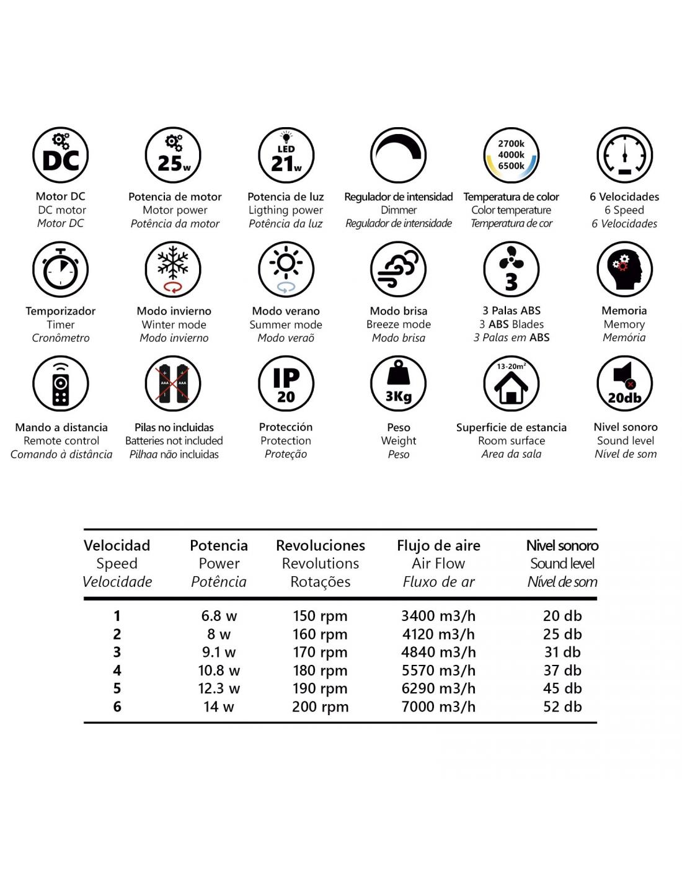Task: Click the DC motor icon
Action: tap(60, 156)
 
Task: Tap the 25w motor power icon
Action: tap(174, 156)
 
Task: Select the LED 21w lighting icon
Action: tap(286, 156)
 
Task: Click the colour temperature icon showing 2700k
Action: tap(511, 156)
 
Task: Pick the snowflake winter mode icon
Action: tap(174, 270)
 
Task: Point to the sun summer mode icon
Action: tap(286, 270)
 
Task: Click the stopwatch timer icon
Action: tap(60, 270)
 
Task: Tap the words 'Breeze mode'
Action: tap(399, 324)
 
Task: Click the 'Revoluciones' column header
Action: tap(321, 546)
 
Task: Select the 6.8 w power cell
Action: tap(219, 616)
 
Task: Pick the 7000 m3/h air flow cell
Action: tap(438, 706)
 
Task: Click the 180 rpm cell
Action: tap(320, 670)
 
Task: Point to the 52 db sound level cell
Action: tap(562, 706)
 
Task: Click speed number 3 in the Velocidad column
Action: tap(117, 653)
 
